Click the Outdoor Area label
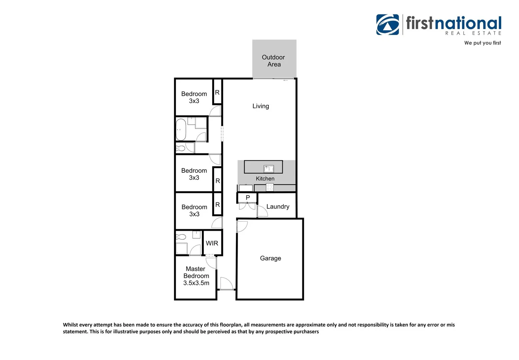pos(273,61)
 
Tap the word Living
pos(260,106)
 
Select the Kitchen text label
pos(265,179)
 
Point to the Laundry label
pos(278,207)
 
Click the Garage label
pos(270,258)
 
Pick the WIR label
pos(212,243)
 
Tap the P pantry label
pos(248,198)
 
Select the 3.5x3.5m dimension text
pos(196,283)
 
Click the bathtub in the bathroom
pos(181,130)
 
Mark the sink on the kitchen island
pos(269,168)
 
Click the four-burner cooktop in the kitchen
pos(270,187)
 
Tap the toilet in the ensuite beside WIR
pos(181,237)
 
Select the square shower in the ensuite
pos(182,249)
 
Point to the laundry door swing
pos(262,212)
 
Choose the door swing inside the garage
pos(242,227)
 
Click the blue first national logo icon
pos(387,25)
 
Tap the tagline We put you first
pos(482,43)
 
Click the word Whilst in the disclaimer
pos(70,325)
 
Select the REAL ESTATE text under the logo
pos(473,33)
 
